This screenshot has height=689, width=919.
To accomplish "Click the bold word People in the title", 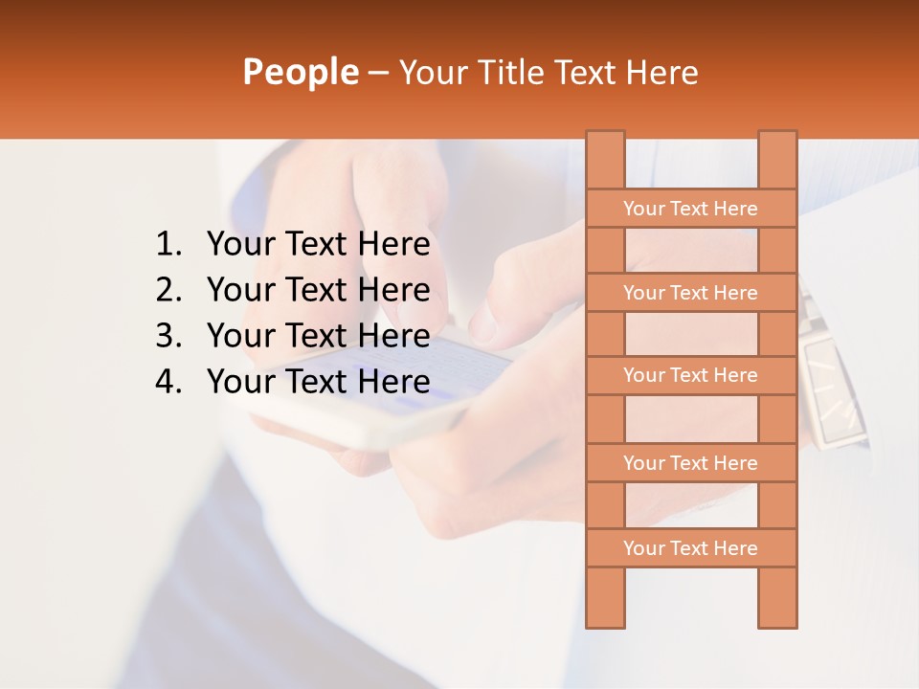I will pos(300,73).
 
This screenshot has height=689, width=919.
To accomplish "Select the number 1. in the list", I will pos(168,245).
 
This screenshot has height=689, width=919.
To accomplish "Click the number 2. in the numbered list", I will pos(168,290).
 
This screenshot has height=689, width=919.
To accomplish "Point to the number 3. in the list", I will pos(168,336).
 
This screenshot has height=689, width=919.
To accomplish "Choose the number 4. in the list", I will pos(168,382).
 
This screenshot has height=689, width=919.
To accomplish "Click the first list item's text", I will pos(318,245).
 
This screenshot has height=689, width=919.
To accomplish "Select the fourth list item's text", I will pos(318,382).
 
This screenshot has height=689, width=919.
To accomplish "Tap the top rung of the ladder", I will pos(690,209).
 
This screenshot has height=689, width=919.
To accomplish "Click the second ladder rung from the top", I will pos(690,293).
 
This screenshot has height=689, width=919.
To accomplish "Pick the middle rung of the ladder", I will pos(690,376).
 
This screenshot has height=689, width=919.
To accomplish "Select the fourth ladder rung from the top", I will pos(690,463).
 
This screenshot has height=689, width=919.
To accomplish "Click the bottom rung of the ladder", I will pos(690,548).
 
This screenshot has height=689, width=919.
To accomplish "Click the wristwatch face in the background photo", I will pos(831,392).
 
